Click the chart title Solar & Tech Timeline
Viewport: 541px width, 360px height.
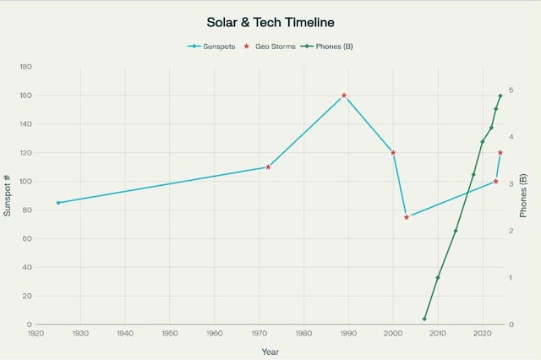pyautogui.click(x=270, y=20)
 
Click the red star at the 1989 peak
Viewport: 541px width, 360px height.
pyautogui.click(x=344, y=95)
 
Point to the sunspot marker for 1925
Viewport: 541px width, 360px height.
pyautogui.click(x=58, y=203)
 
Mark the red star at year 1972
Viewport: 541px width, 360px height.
pyautogui.click(x=268, y=167)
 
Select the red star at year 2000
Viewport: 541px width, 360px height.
pyautogui.click(x=393, y=153)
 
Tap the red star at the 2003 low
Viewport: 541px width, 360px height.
pyautogui.click(x=407, y=217)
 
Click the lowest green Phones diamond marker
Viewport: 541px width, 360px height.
pyautogui.click(x=424, y=319)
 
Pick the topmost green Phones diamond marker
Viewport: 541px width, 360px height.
pyautogui.click(x=500, y=95)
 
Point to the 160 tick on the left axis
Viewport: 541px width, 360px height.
pyautogui.click(x=25, y=95)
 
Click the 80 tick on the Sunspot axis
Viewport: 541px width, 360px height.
pyautogui.click(x=27, y=210)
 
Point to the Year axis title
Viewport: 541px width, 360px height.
pyautogui.click(x=270, y=351)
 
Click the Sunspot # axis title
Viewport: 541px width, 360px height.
pyautogui.click(x=8, y=195)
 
